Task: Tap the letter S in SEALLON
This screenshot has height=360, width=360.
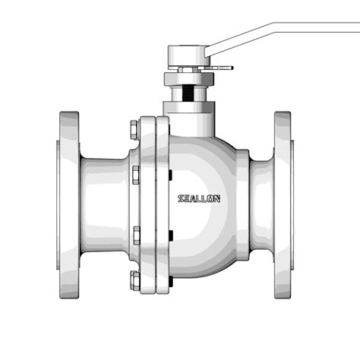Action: point(180,199)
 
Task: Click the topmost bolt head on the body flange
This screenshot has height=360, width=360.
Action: point(135,125)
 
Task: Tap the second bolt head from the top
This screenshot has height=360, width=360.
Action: point(135,176)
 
